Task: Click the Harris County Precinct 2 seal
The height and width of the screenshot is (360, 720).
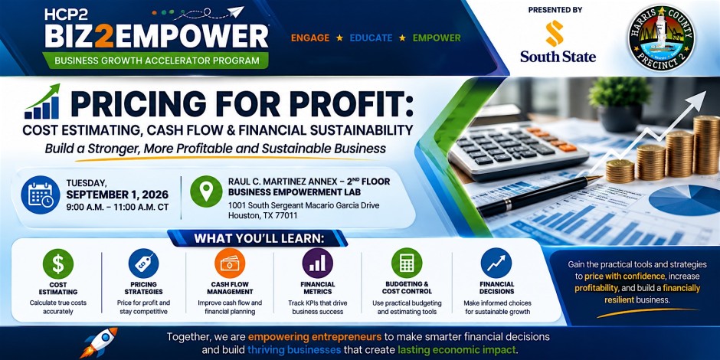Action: pyautogui.click(x=661, y=38)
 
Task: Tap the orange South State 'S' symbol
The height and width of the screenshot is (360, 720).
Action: pyautogui.click(x=555, y=33)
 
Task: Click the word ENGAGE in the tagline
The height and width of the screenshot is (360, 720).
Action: pyautogui.click(x=310, y=38)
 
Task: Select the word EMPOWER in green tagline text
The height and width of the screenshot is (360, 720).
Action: pyautogui.click(x=437, y=38)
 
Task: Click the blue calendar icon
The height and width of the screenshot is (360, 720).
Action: pyautogui.click(x=41, y=195)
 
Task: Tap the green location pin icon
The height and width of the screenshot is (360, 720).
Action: pyautogui.click(x=206, y=191)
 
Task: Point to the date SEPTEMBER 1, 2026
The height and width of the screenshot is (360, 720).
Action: pyautogui.click(x=117, y=195)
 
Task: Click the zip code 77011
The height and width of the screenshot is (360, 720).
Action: pyautogui.click(x=286, y=215)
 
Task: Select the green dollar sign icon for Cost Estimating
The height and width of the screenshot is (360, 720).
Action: pyautogui.click(x=58, y=263)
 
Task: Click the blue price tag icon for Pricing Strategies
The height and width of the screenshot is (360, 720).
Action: pyautogui.click(x=144, y=263)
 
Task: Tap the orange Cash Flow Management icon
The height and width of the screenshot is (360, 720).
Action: pyautogui.click(x=230, y=263)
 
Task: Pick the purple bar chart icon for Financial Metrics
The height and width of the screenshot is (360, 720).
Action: pyautogui.click(x=317, y=263)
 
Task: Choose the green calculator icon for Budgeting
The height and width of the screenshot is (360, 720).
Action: pyautogui.click(x=407, y=263)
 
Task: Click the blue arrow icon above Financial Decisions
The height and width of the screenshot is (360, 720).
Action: pyautogui.click(x=496, y=263)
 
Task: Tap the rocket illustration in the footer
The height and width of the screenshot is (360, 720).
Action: pyautogui.click(x=98, y=342)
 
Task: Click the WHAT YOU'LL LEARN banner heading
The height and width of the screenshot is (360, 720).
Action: pyautogui.click(x=259, y=239)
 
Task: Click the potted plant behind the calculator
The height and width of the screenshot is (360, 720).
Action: pyautogui.click(x=620, y=103)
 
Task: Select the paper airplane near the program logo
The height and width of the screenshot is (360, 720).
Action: pyautogui.click(x=235, y=12)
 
